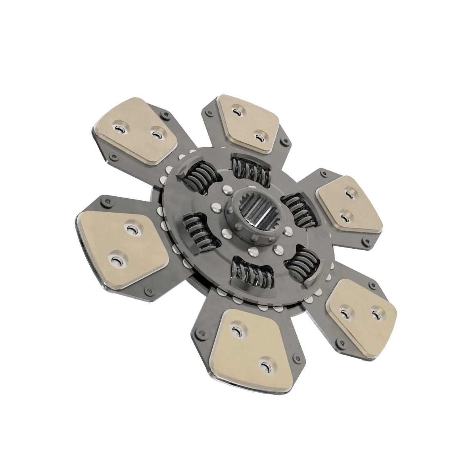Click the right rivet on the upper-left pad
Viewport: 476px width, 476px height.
point(157,135)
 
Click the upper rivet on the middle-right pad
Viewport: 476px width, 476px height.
point(349,194)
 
